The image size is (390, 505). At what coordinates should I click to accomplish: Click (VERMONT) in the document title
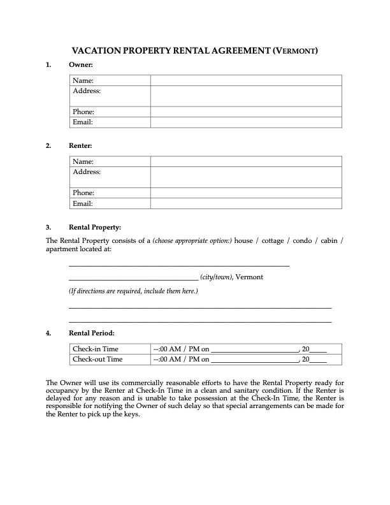click(295, 50)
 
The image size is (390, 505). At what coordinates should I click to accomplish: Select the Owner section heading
click(81, 65)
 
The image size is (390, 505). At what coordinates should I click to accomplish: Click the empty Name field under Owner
click(246, 80)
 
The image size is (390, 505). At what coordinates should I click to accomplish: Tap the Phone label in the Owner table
click(83, 112)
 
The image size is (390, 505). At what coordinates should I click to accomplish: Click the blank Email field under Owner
click(246, 122)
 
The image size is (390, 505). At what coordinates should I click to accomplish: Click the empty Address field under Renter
click(246, 177)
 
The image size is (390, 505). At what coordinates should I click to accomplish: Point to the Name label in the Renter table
click(83, 161)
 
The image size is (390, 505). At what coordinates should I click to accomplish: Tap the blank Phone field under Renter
click(246, 193)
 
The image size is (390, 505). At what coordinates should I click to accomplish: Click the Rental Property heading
click(94, 227)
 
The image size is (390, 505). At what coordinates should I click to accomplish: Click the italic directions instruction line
click(133, 291)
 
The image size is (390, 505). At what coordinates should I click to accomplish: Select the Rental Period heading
click(92, 333)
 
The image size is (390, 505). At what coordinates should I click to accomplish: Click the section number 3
click(48, 227)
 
